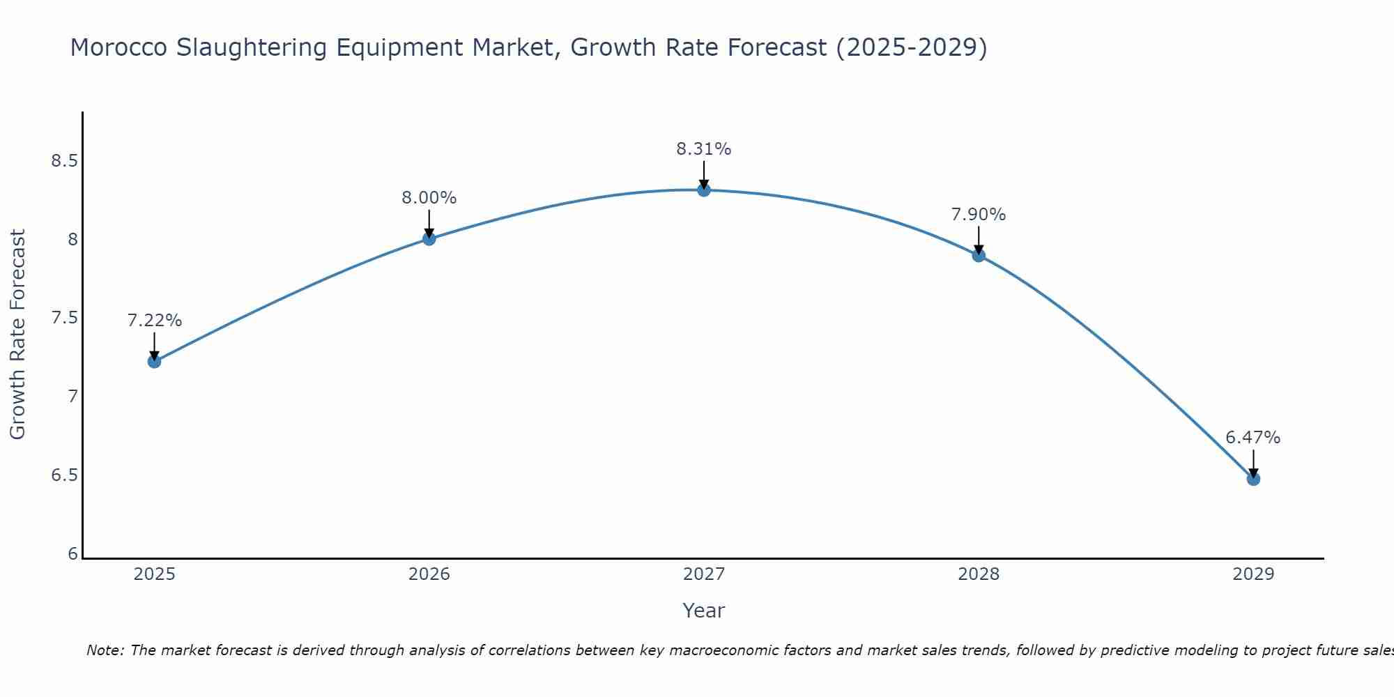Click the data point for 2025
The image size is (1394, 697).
click(x=154, y=361)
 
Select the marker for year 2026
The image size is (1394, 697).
click(x=429, y=239)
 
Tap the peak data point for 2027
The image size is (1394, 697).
click(x=704, y=190)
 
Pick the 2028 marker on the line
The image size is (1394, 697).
click(x=979, y=255)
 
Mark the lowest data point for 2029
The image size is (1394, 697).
click(x=1253, y=479)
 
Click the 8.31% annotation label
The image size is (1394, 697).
click(x=704, y=149)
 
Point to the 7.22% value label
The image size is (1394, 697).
click(x=154, y=321)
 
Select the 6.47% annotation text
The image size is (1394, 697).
click(x=1253, y=438)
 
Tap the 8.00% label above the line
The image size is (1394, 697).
click(x=429, y=198)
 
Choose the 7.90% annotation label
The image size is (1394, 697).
click(x=979, y=215)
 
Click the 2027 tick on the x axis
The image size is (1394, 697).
click(x=704, y=574)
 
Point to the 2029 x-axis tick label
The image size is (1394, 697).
click(x=1253, y=574)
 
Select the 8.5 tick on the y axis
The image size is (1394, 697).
click(x=64, y=161)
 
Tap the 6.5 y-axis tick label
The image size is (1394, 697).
click(x=64, y=475)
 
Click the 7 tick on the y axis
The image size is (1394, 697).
click(x=72, y=397)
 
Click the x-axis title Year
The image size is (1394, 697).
click(x=704, y=611)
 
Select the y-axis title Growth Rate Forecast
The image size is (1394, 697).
click(x=18, y=335)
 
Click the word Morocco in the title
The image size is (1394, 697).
click(x=118, y=48)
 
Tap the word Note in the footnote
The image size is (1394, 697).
click(x=105, y=650)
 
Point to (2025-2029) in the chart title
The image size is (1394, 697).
click(x=911, y=48)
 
